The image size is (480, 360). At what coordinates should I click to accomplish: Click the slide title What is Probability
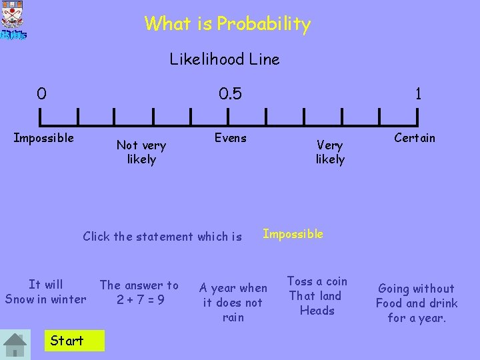[227, 24]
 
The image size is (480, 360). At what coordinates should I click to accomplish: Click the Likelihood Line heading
[225, 59]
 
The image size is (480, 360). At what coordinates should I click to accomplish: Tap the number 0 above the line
[42, 93]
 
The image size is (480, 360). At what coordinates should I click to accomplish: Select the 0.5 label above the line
[231, 93]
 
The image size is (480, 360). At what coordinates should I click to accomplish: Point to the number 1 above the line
[418, 94]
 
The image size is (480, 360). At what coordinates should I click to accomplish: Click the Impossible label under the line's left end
[44, 138]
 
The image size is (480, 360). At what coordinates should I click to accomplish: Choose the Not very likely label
[141, 151]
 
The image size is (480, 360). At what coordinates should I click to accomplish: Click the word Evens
[230, 138]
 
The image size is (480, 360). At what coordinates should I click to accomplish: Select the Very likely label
[330, 151]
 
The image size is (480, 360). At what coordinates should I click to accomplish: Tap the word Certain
[415, 138]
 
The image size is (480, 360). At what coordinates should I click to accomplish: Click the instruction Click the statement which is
[162, 236]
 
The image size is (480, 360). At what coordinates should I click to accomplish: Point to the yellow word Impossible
[293, 234]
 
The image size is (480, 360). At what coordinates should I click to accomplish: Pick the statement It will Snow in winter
[45, 292]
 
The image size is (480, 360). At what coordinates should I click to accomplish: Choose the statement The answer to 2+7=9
[139, 292]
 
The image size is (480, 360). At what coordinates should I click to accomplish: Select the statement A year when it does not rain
[233, 302]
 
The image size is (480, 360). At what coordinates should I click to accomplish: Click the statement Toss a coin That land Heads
[317, 295]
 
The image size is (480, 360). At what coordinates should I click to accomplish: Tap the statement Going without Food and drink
[417, 303]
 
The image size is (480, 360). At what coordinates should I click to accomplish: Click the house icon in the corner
[15, 344]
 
